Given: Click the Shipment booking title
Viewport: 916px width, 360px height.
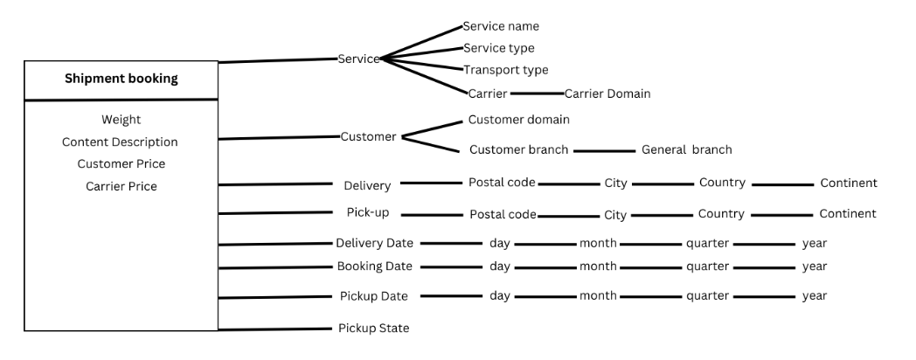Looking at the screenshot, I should pos(121,79).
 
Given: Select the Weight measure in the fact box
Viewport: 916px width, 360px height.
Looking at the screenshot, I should pos(121,120).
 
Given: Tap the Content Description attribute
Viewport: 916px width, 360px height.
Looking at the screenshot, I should pos(121,142).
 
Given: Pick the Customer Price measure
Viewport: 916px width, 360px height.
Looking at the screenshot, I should pos(121,163).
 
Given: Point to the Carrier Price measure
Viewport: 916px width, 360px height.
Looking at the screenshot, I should pos(121,186).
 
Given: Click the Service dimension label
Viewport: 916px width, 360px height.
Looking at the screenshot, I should pos(358,59).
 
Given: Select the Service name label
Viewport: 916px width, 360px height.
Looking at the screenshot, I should pos(501,27).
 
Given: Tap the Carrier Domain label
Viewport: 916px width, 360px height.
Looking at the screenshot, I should pos(607,93).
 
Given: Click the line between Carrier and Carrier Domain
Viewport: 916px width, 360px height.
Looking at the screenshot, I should pos(537,93).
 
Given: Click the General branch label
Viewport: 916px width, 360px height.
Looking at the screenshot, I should pos(687,149).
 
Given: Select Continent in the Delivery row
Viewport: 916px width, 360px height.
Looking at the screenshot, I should pos(848,183).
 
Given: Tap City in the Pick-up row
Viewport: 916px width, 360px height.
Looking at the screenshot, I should pos(615,214).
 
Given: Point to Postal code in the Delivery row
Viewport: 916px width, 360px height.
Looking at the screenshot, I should pos(502,183).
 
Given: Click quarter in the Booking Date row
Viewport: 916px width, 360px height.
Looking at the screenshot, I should pos(708,267).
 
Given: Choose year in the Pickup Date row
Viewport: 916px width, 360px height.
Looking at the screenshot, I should pos(815,296).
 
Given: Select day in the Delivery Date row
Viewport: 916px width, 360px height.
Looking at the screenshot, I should pos(500,243).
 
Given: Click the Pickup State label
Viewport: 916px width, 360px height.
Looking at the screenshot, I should pos(374,329).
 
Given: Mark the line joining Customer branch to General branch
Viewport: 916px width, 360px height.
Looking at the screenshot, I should pos(605,150).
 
